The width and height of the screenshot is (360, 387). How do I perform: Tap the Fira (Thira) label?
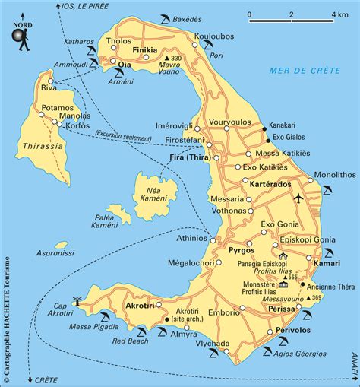pos(188,158)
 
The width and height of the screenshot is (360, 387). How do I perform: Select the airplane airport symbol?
pos(298,198)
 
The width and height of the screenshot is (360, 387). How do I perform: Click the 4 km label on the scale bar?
pos(339,14)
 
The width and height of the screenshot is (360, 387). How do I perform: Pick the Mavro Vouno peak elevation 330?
pos(178,59)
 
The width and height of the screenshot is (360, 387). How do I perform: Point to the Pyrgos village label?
pos(239,249)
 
